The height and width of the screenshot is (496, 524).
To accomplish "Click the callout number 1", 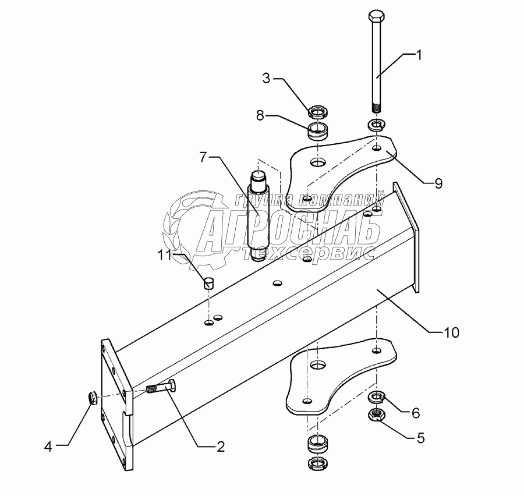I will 419,55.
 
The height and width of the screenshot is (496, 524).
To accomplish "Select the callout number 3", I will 266,79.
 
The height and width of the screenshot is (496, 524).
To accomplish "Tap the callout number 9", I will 437,184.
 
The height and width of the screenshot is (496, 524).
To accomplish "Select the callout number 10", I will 452,332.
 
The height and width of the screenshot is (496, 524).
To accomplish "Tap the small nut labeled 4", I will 91,399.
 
